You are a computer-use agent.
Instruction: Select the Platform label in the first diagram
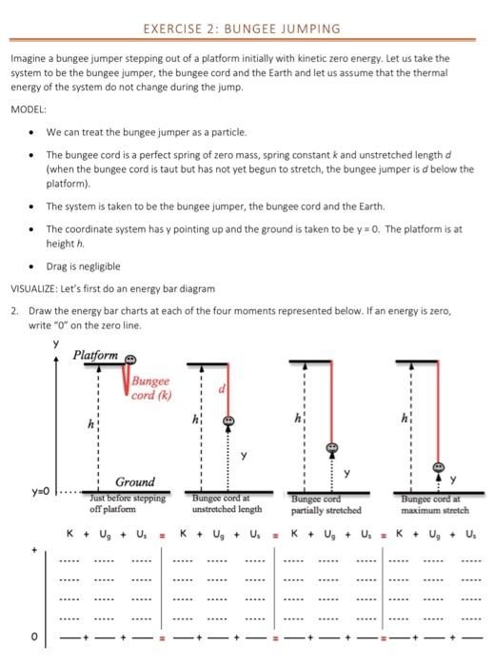click(x=96, y=355)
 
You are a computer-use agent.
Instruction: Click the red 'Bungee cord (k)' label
click(x=149, y=388)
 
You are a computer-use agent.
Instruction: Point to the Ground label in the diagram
click(x=135, y=482)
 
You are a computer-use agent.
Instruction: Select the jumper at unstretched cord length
click(x=228, y=420)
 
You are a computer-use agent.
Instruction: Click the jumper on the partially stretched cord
click(x=332, y=447)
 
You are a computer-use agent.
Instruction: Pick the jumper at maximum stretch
click(x=439, y=467)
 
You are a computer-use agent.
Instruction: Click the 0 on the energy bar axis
click(x=37, y=637)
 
